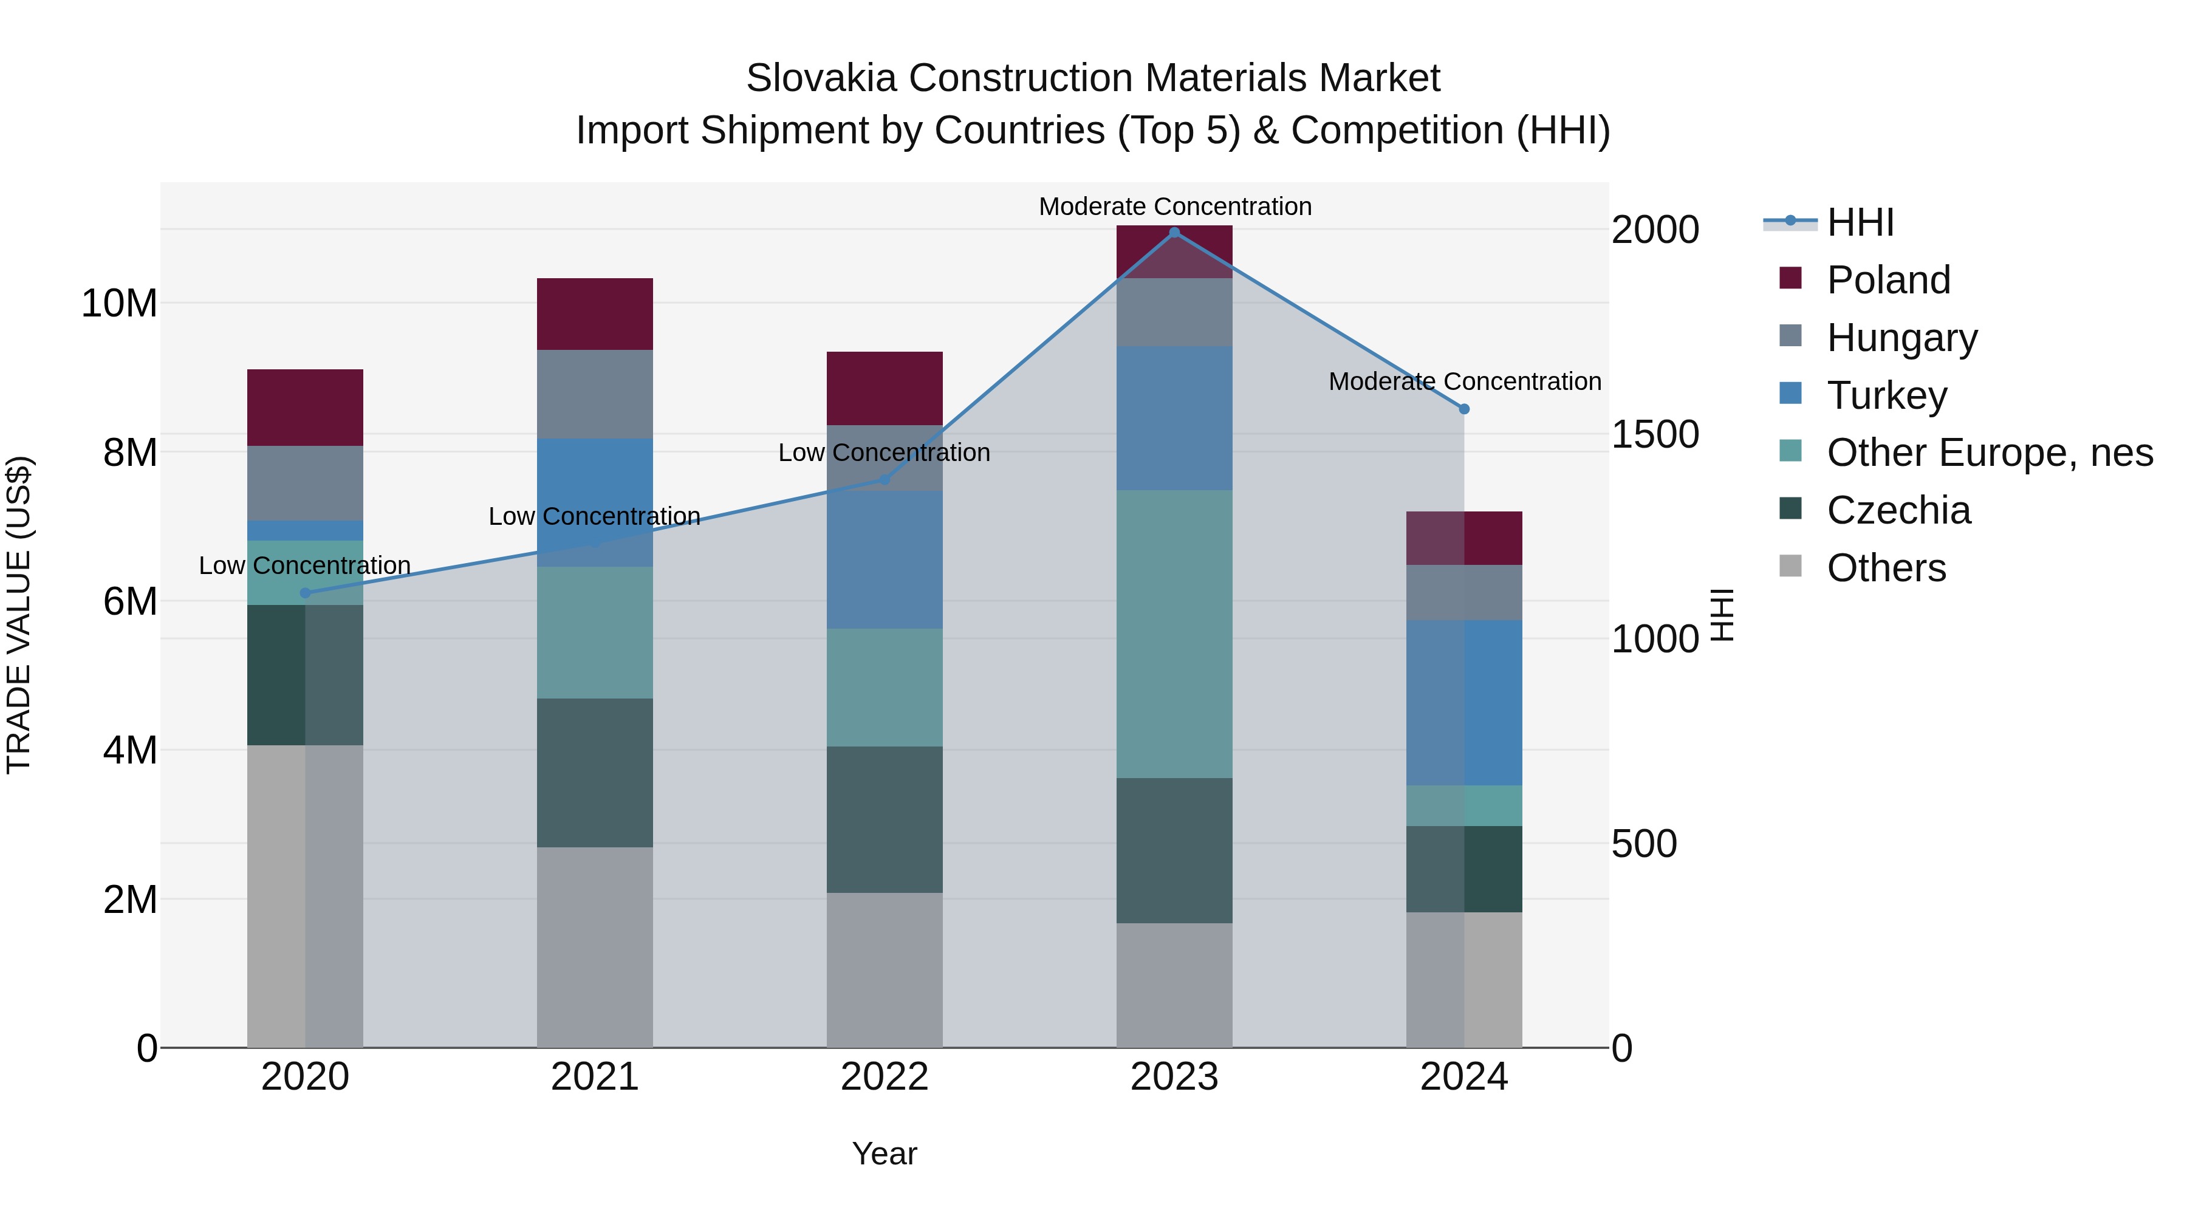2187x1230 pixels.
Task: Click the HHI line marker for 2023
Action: click(x=1174, y=233)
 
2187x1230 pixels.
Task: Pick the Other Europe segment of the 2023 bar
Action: click(x=1174, y=634)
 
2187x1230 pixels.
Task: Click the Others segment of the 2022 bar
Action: click(x=884, y=969)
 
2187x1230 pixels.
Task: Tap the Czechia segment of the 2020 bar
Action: click(x=306, y=675)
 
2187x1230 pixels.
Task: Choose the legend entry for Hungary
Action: click(x=1901, y=338)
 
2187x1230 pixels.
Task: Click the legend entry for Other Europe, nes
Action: click(x=1989, y=453)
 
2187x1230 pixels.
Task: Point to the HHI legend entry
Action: click(x=1860, y=222)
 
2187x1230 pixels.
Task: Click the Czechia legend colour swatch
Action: click(x=1790, y=510)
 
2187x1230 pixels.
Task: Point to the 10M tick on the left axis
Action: click(x=119, y=304)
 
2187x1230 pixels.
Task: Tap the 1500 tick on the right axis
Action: click(x=1655, y=435)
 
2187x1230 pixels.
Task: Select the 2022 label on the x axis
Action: click(x=884, y=1077)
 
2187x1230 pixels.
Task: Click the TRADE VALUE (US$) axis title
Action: click(x=19, y=615)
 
